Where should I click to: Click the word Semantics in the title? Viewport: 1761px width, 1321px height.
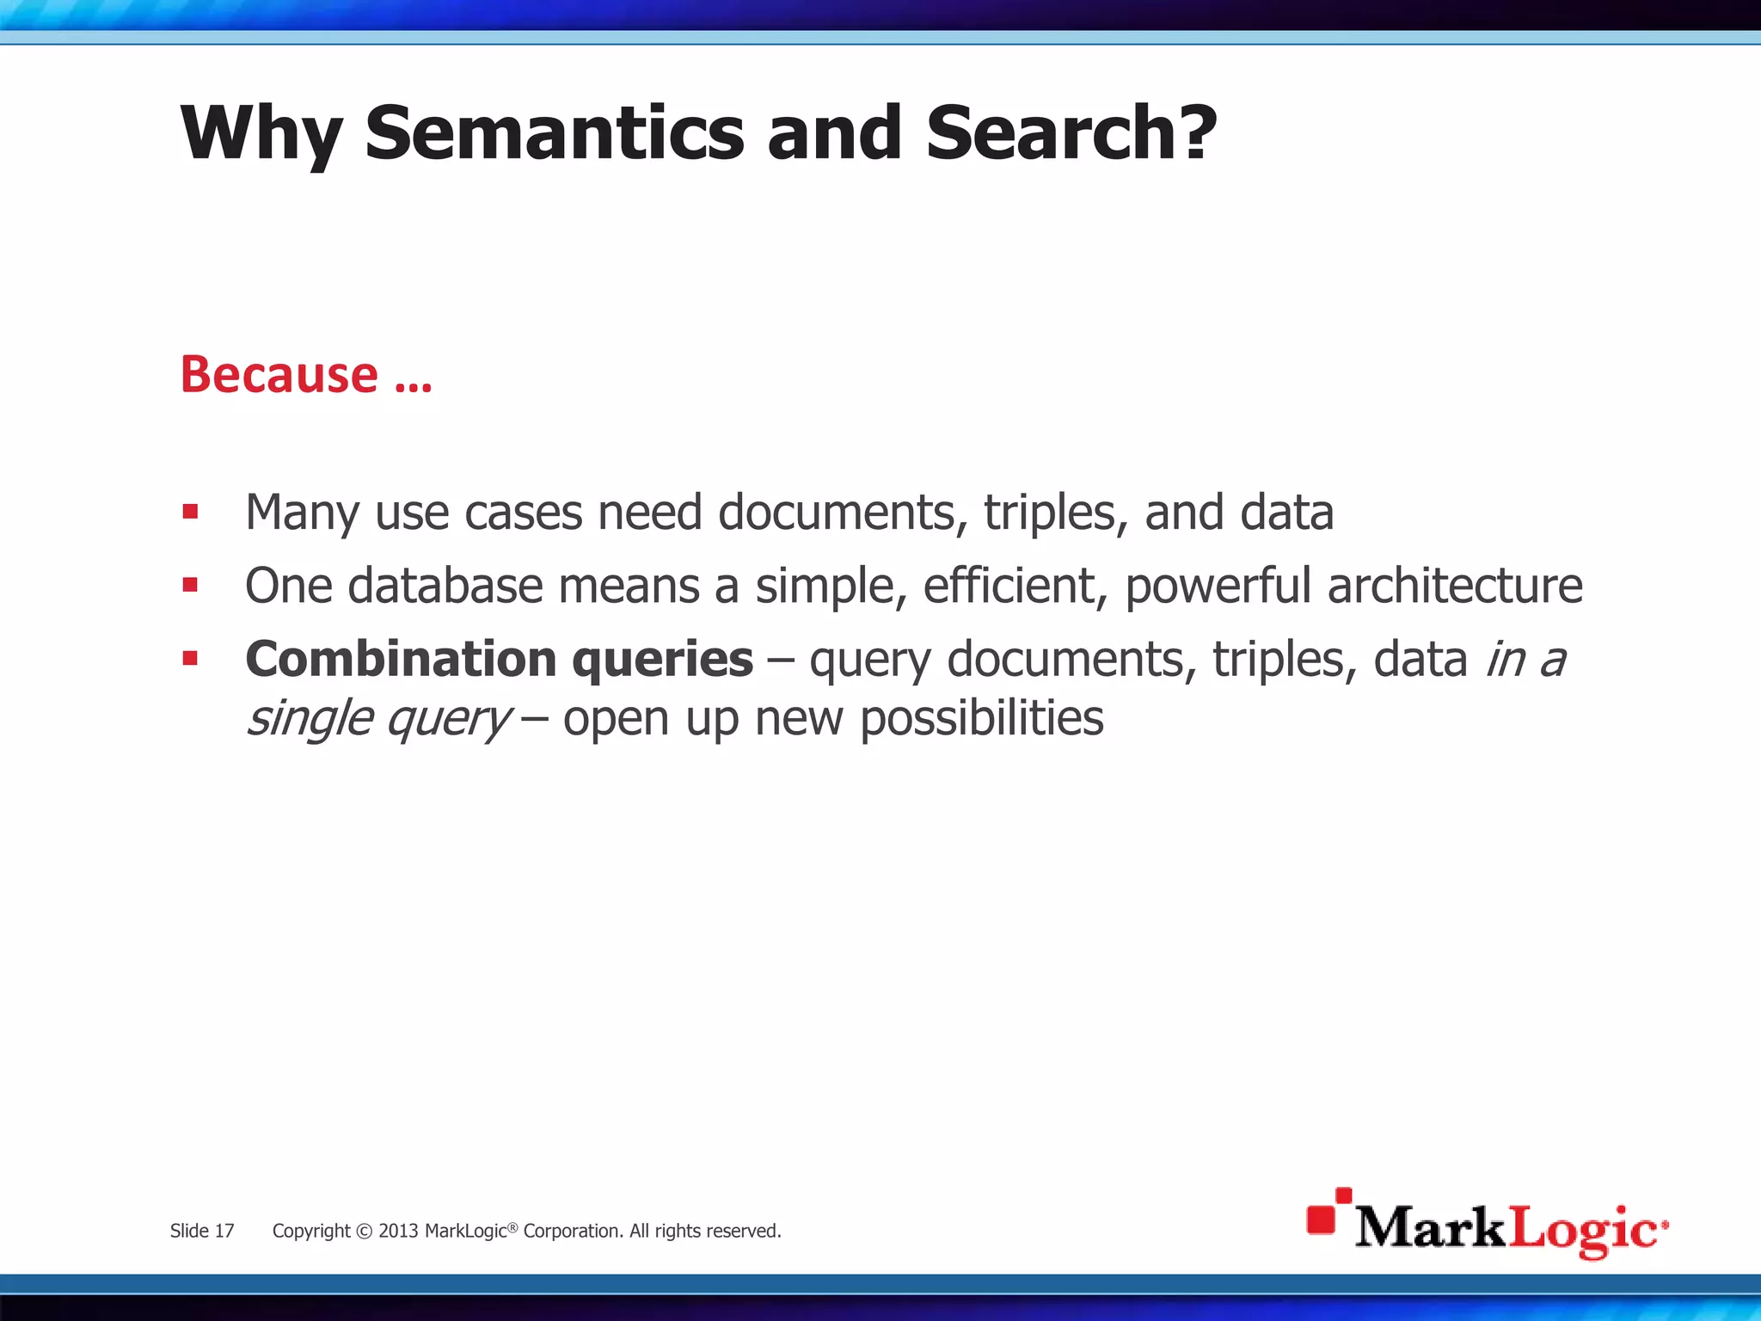tap(555, 133)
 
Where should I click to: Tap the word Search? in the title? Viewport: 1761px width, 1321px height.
tap(1071, 133)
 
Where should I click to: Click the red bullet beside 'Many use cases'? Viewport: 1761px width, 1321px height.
tap(191, 513)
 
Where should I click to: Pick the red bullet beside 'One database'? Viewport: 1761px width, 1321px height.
tap(191, 586)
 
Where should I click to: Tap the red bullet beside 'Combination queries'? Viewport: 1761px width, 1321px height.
tap(191, 659)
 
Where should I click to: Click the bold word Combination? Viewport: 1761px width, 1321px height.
tap(402, 660)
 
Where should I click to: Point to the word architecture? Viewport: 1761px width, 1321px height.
tap(1455, 587)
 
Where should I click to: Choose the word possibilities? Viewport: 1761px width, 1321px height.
tap(982, 719)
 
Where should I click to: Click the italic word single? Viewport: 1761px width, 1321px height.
tap(310, 720)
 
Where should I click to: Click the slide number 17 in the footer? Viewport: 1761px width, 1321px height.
tap(224, 1231)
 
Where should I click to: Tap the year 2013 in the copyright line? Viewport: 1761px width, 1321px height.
tap(398, 1231)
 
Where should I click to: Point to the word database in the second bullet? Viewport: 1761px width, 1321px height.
tap(445, 587)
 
